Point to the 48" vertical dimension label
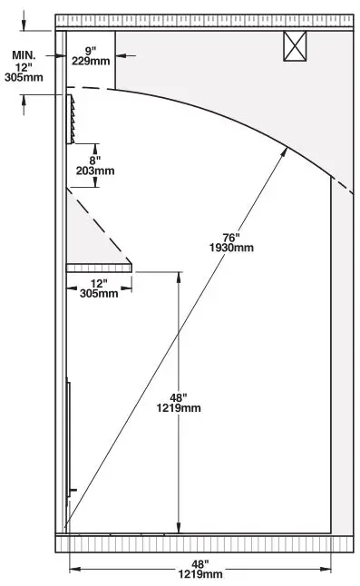tap(178, 396)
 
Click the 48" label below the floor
tap(199, 563)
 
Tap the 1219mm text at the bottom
tap(199, 574)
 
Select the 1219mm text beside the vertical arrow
tap(178, 408)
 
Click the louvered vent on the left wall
tap(71, 119)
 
